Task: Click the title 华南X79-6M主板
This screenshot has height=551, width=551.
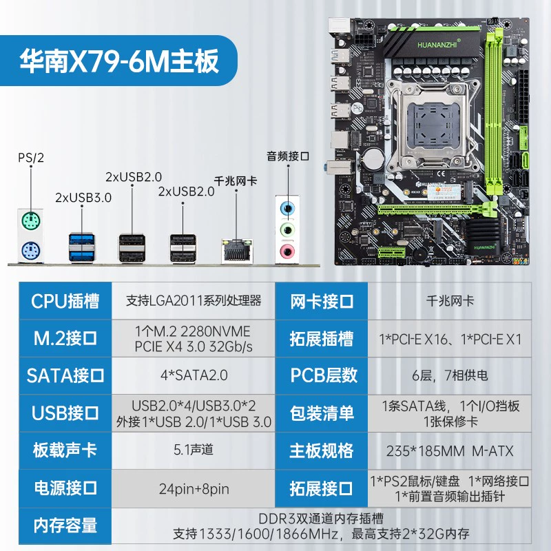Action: pos(119,61)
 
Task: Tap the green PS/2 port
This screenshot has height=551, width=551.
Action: pos(30,221)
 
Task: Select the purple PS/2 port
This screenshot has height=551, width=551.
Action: pos(30,251)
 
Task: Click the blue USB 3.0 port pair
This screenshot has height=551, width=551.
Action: pos(81,247)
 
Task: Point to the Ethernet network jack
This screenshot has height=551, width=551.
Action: pos(237,251)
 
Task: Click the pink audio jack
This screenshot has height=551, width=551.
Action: pos(287,251)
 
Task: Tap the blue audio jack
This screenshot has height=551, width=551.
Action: pos(287,209)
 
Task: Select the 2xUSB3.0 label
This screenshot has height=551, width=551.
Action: pos(83,198)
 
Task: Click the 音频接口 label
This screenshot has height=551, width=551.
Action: pos(288,156)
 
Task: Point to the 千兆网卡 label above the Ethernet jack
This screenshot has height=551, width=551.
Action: pos(236,181)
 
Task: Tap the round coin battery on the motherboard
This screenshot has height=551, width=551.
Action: pos(374,159)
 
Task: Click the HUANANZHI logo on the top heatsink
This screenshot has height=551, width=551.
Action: pos(437,44)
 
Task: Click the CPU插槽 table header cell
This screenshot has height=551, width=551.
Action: pos(65,301)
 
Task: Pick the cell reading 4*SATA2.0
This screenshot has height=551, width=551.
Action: pos(194,375)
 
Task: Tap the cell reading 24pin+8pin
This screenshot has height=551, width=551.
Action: pos(194,488)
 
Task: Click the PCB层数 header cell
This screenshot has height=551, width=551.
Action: pos(322,375)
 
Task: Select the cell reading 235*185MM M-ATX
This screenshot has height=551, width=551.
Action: pos(450,451)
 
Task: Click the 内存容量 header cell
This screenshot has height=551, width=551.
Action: pos(65,526)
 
